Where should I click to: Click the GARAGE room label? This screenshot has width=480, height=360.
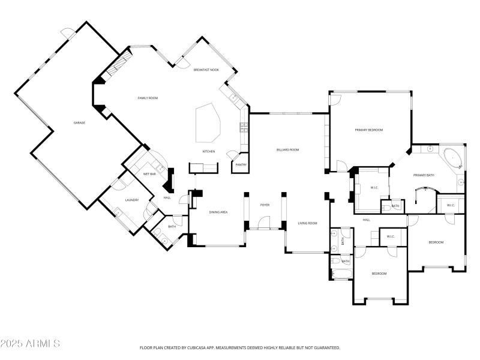pos(79,122)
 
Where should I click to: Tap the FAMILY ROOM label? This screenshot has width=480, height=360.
pos(148,98)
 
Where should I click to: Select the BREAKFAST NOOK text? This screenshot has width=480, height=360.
pos(206,70)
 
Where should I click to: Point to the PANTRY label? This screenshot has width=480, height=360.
pos(241,164)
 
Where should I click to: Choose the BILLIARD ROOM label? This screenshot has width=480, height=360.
pos(287,149)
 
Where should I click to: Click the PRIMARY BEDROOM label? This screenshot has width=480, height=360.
pos(368,130)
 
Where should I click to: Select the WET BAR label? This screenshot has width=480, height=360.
pos(149,173)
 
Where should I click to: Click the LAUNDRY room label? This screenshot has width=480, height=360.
pos(132,200)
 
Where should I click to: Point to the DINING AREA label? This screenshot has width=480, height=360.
pos(218,212)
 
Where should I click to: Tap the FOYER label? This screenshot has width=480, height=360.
pos(265,205)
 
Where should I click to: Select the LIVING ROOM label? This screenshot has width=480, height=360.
pos(308,223)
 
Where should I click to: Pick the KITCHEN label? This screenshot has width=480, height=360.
pos(208,151)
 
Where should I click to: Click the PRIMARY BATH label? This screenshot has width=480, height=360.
pos(424,175)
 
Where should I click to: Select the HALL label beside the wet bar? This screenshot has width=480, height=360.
pos(167,197)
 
